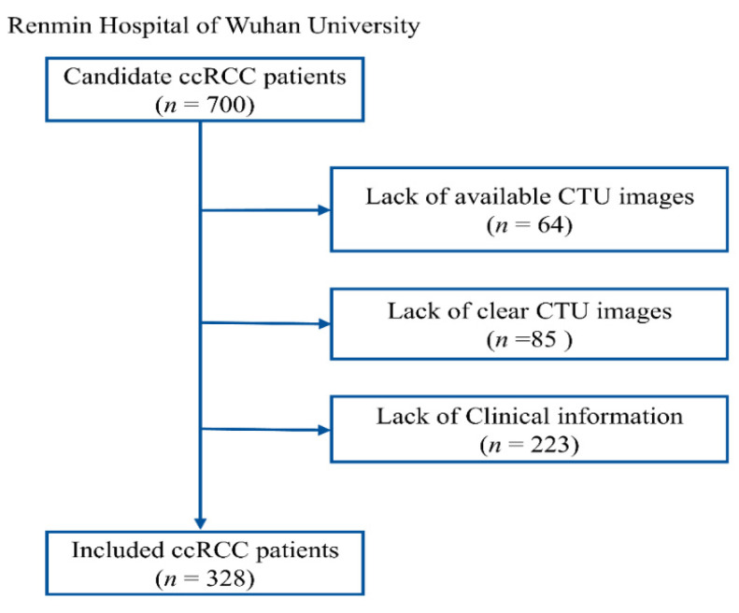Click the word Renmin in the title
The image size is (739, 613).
point(50,25)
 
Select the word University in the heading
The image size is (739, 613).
point(363,27)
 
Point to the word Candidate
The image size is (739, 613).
point(118,77)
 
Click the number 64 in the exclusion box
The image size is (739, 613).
point(551,224)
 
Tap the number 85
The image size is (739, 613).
point(544,339)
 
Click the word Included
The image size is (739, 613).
point(118,549)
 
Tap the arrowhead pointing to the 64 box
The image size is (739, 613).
point(325,210)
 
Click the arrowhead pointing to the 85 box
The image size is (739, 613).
point(325,324)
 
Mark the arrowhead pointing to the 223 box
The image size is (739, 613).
point(325,430)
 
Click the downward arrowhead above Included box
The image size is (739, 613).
point(200,523)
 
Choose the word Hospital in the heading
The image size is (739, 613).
point(144,27)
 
